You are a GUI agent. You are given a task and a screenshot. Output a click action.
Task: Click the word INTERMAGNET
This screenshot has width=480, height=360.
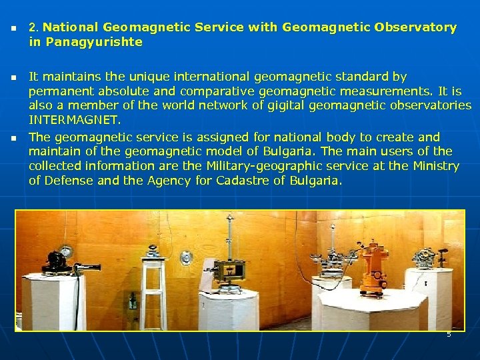75,120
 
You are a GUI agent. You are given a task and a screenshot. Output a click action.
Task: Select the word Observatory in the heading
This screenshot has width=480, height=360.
415,27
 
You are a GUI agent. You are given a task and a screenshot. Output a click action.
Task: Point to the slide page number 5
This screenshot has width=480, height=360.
449,334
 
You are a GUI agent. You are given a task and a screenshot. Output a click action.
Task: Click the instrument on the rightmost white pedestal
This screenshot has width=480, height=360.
425,257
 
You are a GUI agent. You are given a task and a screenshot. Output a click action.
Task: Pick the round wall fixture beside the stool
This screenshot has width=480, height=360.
186,257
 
